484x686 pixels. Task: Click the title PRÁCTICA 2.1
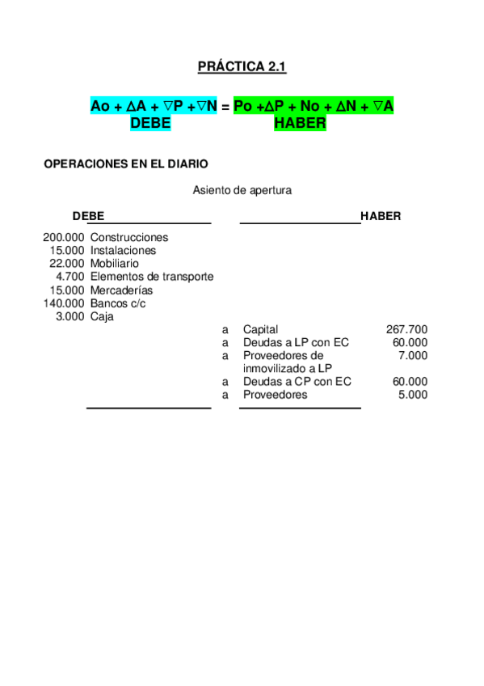pyautogui.click(x=242, y=67)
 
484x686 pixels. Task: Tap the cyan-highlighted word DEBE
pyautogui.click(x=150, y=123)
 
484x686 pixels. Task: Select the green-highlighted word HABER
pyautogui.click(x=300, y=123)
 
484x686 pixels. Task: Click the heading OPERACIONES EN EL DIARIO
pyautogui.click(x=125, y=163)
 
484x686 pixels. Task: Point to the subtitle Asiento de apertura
pyautogui.click(x=242, y=191)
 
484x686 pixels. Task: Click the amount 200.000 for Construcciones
pyautogui.click(x=63, y=238)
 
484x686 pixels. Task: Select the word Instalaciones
pyautogui.click(x=123, y=251)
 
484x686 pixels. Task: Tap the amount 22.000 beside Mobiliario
pyautogui.click(x=66, y=264)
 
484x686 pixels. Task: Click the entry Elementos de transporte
pyautogui.click(x=152, y=277)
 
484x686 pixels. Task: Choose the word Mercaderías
pyautogui.click(x=121, y=290)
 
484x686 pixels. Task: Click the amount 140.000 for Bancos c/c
pyautogui.click(x=63, y=303)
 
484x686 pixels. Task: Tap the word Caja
pyautogui.click(x=102, y=316)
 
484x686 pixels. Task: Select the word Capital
pyautogui.click(x=260, y=329)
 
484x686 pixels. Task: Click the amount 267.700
pyautogui.click(x=407, y=329)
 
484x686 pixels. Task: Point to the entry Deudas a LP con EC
pyautogui.click(x=296, y=342)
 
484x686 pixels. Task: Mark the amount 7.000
pyautogui.click(x=413, y=356)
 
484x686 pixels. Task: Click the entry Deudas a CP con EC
pyautogui.click(x=297, y=382)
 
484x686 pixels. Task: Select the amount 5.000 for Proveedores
pyautogui.click(x=413, y=395)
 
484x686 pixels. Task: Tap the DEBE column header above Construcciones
pyautogui.click(x=88, y=217)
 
